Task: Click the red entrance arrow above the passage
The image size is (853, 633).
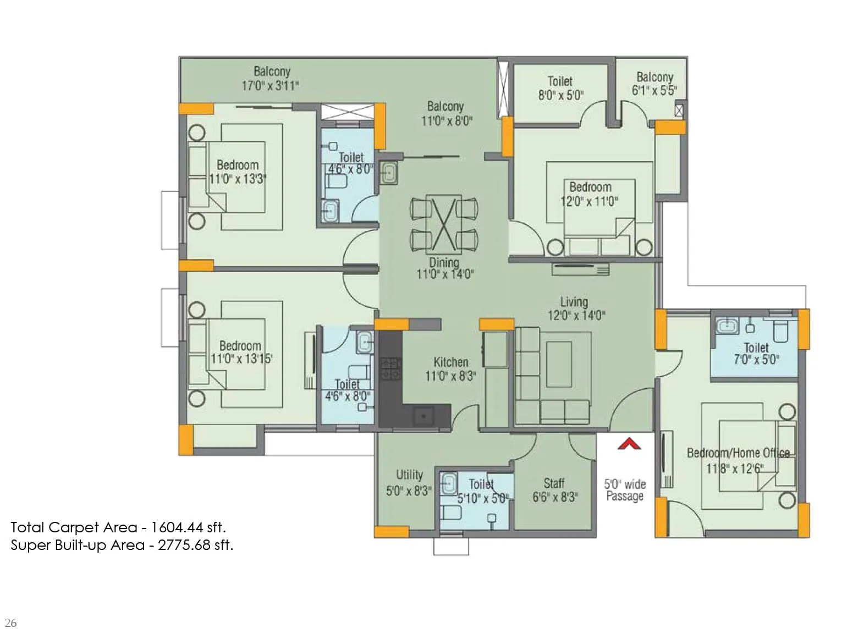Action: (x=629, y=444)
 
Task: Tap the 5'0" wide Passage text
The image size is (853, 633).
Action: (x=625, y=490)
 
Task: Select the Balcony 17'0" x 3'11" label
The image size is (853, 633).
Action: (x=271, y=78)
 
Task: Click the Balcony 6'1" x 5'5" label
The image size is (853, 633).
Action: (x=654, y=84)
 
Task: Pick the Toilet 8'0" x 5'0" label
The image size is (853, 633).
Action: (x=560, y=88)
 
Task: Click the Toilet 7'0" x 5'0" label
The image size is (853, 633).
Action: (x=756, y=354)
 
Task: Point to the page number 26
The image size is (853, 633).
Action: (x=10, y=623)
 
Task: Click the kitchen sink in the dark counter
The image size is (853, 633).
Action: (x=423, y=416)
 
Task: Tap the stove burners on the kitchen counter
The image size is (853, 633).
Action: (x=390, y=368)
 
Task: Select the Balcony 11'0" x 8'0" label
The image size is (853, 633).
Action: (x=445, y=113)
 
